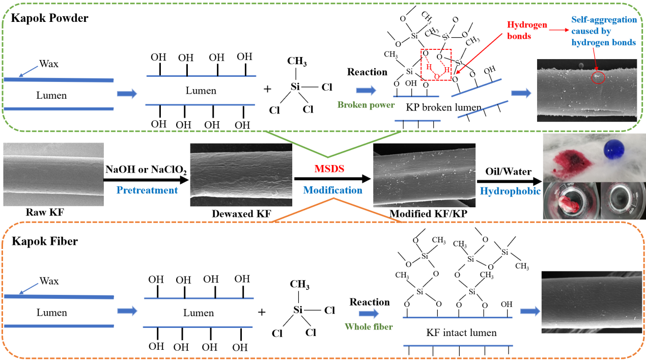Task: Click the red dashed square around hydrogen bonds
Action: click(x=436, y=65)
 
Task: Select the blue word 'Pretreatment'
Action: click(x=147, y=190)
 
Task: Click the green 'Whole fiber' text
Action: click(x=369, y=326)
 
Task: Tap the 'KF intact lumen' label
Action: click(x=461, y=333)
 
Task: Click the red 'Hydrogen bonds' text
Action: click(x=527, y=31)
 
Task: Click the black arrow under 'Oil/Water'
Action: click(x=509, y=180)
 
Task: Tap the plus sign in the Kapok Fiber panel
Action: click(x=262, y=311)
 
